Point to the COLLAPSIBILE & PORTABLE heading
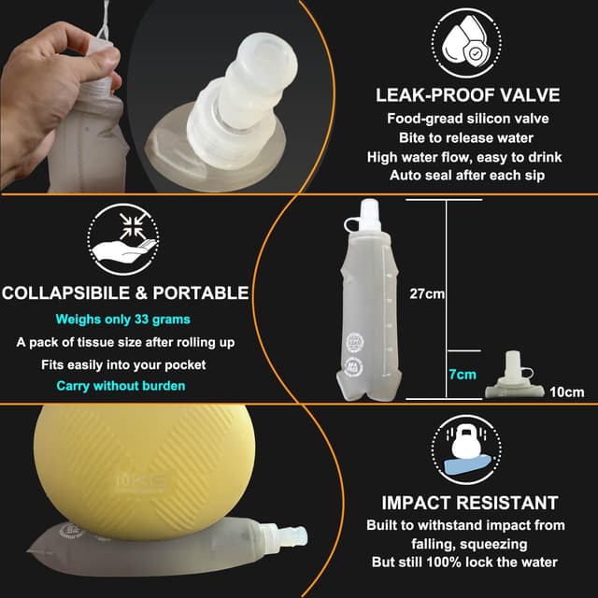124,293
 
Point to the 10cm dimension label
567,392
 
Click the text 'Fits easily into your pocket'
124,364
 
